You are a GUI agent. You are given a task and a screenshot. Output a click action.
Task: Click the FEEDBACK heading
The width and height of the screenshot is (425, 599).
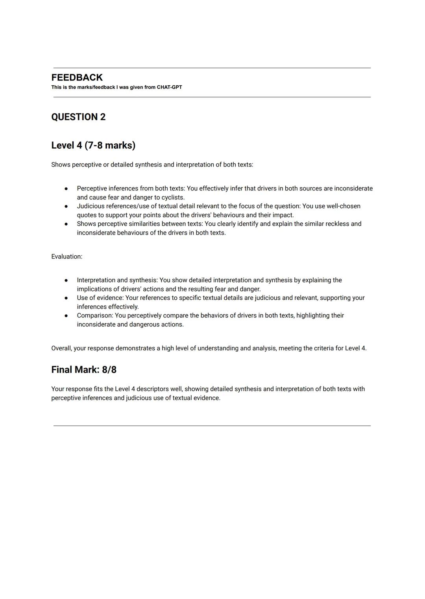(x=77, y=77)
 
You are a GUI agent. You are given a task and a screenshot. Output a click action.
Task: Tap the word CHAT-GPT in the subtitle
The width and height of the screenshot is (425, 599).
(x=169, y=87)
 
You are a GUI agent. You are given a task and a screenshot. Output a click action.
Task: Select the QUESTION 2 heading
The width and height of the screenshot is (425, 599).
(x=78, y=117)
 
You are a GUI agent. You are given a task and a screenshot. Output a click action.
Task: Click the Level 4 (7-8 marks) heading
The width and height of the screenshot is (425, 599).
(x=93, y=145)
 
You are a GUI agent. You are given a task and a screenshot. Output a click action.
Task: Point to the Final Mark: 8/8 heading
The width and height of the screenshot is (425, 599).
(x=84, y=370)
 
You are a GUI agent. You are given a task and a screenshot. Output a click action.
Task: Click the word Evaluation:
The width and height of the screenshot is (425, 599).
(x=67, y=256)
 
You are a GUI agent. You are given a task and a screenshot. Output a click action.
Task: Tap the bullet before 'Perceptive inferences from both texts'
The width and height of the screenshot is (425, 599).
(x=66, y=189)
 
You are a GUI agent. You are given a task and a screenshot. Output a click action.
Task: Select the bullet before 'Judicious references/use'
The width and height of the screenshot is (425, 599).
(x=66, y=206)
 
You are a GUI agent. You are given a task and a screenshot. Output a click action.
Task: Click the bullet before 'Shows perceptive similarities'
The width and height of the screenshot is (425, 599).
(x=66, y=224)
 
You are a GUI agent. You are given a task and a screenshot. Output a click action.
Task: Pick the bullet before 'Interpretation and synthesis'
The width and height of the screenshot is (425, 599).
(x=66, y=280)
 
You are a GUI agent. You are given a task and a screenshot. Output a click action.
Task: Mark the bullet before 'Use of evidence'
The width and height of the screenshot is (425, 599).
(x=66, y=298)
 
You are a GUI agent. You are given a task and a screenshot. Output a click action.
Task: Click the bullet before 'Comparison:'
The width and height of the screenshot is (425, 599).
(x=66, y=316)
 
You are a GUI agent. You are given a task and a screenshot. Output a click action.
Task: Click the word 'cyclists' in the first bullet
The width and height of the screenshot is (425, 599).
(x=172, y=198)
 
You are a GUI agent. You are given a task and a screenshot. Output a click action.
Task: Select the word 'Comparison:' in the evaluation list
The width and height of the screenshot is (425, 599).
(x=95, y=316)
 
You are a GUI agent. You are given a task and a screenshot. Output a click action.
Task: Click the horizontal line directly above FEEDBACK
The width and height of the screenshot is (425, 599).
(x=212, y=68)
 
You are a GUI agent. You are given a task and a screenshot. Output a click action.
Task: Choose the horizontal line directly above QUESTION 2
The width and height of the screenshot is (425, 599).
(x=212, y=97)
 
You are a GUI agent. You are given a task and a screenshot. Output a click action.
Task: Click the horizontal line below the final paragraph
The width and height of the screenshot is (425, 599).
(x=212, y=425)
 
